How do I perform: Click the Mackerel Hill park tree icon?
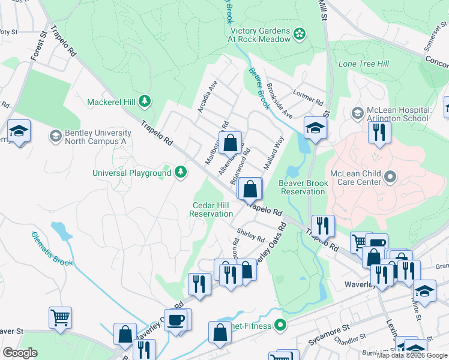(144, 101)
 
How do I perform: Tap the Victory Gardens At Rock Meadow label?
(258, 34)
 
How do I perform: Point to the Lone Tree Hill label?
(363, 64)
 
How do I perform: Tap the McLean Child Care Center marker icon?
(391, 176)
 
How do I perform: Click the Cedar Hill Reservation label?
(211, 209)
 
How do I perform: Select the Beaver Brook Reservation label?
(303, 187)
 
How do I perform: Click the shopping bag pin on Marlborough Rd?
(230, 143)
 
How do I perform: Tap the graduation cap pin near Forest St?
(19, 131)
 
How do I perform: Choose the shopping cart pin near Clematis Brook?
(61, 317)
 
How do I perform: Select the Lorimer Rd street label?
(308, 93)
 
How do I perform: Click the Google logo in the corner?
(20, 353)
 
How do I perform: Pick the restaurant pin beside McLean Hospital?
(379, 131)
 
